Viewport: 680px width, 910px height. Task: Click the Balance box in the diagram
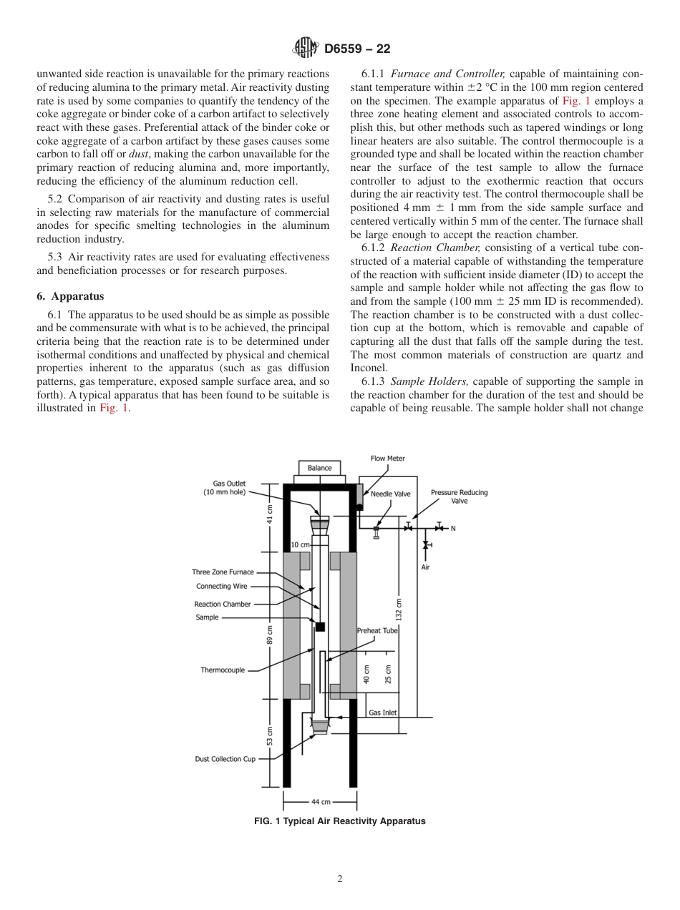(320, 468)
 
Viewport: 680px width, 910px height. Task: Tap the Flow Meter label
(387, 459)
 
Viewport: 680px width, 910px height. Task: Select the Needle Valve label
(391, 494)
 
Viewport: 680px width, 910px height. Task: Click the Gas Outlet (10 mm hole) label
(229, 488)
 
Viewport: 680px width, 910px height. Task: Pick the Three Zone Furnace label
(223, 572)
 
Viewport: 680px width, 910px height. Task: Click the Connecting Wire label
(222, 587)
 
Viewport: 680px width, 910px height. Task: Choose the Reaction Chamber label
(223, 605)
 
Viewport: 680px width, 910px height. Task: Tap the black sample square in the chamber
(320, 627)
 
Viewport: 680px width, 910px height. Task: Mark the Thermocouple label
(223, 670)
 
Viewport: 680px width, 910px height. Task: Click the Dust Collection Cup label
(225, 759)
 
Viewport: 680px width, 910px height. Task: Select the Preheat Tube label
(377, 631)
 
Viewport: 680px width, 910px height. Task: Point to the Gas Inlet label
(382, 713)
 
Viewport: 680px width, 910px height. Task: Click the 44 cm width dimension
(321, 802)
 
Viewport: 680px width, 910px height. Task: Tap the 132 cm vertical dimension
(399, 610)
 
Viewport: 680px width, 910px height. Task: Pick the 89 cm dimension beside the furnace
(270, 634)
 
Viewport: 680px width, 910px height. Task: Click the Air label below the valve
(425, 568)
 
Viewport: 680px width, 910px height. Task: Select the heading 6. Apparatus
(70, 296)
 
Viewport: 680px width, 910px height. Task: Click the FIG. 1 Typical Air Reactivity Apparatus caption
(340, 821)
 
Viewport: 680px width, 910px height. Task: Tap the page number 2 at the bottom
(340, 879)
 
